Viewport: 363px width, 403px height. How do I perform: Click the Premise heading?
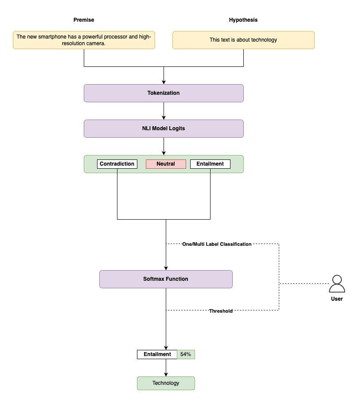pyautogui.click(x=84, y=20)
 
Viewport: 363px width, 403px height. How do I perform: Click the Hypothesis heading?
pyautogui.click(x=243, y=20)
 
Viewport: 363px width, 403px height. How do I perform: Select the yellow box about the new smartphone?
pyautogui.click(x=84, y=40)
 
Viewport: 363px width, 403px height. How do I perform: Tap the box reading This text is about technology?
pyautogui.click(x=243, y=40)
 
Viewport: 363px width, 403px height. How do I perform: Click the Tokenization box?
pyautogui.click(x=164, y=93)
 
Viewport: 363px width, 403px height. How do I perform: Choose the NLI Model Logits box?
pyautogui.click(x=164, y=128)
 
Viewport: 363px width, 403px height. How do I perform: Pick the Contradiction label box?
pyautogui.click(x=117, y=164)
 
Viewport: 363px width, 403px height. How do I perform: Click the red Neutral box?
pyautogui.click(x=166, y=164)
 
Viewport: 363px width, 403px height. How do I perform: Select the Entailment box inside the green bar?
pyautogui.click(x=210, y=164)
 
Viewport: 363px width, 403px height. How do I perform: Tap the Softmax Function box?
pyautogui.click(x=166, y=279)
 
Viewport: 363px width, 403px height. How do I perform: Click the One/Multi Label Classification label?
pyautogui.click(x=217, y=244)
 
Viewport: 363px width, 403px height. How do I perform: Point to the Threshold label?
pyautogui.click(x=221, y=311)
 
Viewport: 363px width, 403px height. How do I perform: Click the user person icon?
pyautogui.click(x=337, y=284)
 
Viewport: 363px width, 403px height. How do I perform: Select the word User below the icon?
pyautogui.click(x=337, y=299)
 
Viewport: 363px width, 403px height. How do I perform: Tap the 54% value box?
pyautogui.click(x=186, y=354)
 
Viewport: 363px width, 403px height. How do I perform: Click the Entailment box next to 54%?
pyautogui.click(x=157, y=354)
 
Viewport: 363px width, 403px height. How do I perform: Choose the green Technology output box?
pyautogui.click(x=166, y=383)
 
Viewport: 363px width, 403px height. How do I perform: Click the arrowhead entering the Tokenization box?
pyautogui.click(x=164, y=82)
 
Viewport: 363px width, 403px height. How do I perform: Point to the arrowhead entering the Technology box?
pyautogui.click(x=166, y=374)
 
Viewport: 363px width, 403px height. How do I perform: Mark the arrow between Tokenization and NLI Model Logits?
pyautogui.click(x=164, y=111)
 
